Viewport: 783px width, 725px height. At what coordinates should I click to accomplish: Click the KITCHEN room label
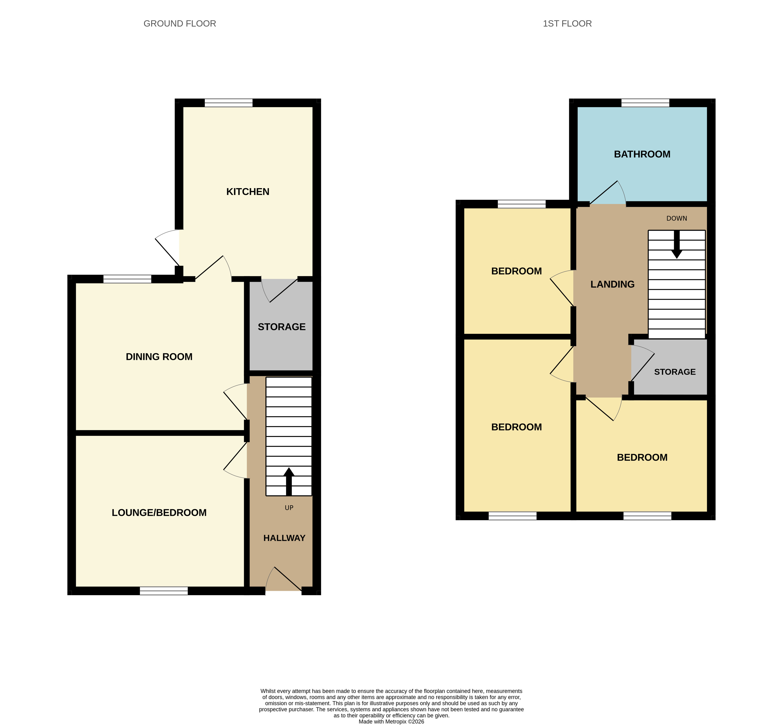248,192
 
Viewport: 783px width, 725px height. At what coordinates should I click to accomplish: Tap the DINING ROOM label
159,357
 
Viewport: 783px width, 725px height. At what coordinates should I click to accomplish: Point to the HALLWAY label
284,538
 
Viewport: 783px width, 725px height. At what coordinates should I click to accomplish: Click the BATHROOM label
642,154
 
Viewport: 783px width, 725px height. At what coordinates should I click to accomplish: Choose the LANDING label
612,284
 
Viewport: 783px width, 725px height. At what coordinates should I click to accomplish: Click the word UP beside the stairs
289,508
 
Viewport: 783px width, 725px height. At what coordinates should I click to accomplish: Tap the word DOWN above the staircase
677,218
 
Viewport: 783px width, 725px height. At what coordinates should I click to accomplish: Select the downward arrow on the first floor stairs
677,244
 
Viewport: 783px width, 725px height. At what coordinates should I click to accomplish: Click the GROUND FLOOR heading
180,23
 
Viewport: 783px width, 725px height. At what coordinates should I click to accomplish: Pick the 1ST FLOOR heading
567,23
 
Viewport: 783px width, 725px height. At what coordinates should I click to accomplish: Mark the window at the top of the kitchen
228,103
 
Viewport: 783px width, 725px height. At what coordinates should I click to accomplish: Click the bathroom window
645,103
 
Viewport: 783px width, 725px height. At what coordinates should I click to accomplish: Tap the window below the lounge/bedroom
164,591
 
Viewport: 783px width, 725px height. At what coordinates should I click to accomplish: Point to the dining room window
127,279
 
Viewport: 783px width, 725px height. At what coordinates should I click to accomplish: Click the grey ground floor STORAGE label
282,327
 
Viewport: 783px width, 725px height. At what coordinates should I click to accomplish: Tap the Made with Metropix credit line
391,721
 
